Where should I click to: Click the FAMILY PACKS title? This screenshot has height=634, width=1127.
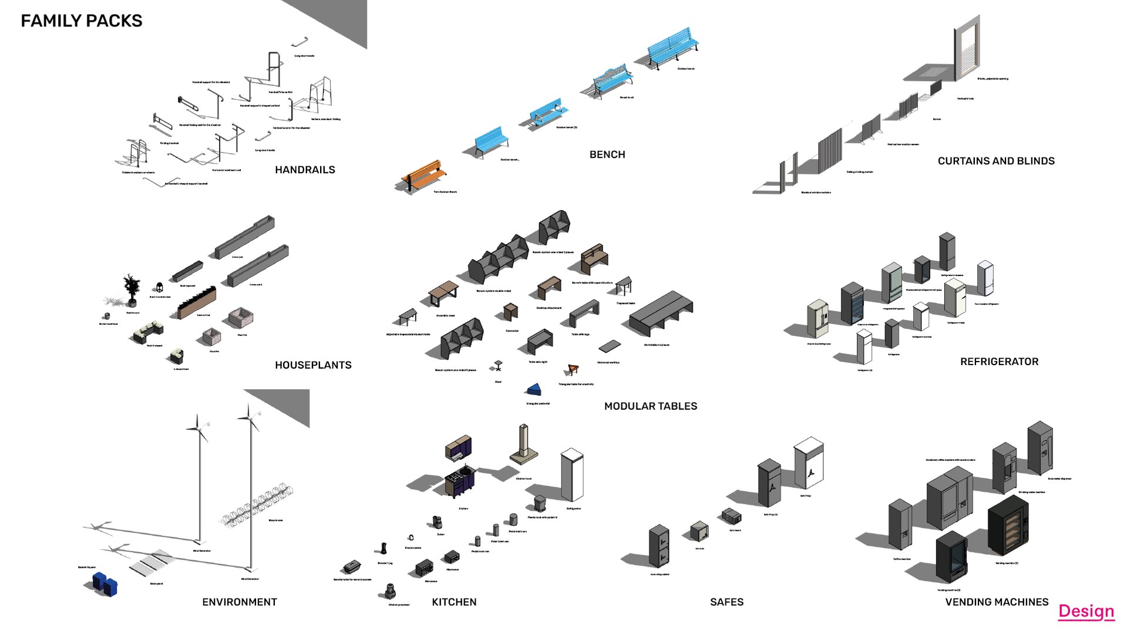pyautogui.click(x=82, y=21)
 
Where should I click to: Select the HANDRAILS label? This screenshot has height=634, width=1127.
pyautogui.click(x=305, y=170)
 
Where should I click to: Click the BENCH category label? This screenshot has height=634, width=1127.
pyautogui.click(x=607, y=154)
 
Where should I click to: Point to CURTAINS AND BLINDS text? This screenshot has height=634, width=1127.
pyautogui.click(x=996, y=161)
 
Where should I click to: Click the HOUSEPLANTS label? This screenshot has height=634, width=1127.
pyautogui.click(x=313, y=365)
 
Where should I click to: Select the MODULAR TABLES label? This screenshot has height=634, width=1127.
pyautogui.click(x=651, y=406)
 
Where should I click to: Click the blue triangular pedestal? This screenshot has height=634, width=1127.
pyautogui.click(x=534, y=390)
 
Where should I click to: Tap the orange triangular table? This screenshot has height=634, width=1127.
pyautogui.click(x=573, y=369)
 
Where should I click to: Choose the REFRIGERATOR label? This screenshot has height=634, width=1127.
pyautogui.click(x=999, y=362)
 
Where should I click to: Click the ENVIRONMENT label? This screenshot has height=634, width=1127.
pyautogui.click(x=240, y=602)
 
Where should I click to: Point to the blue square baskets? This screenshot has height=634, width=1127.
pyautogui.click(x=105, y=584)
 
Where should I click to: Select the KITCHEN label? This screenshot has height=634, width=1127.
pyautogui.click(x=454, y=602)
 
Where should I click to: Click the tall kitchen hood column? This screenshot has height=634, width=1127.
pyautogui.click(x=523, y=443)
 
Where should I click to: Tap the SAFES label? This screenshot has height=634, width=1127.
pyautogui.click(x=726, y=602)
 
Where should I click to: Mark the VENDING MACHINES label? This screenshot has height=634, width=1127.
pyautogui.click(x=997, y=602)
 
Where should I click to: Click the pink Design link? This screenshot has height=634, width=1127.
pyautogui.click(x=1086, y=611)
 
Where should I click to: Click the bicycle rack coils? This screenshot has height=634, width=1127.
pyautogui.click(x=257, y=505)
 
